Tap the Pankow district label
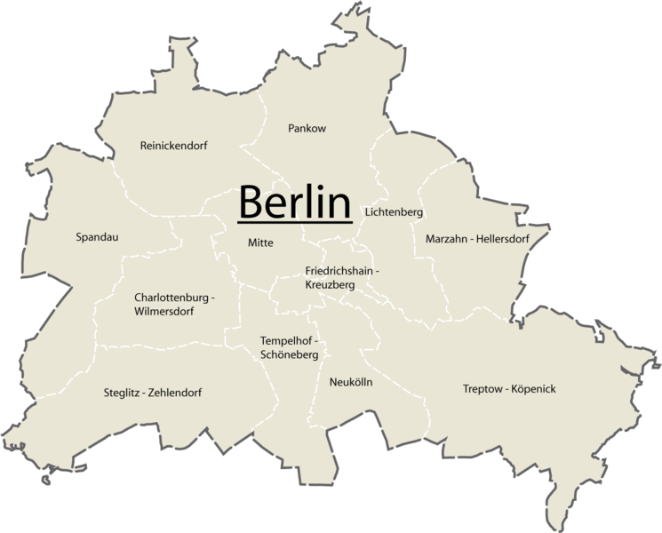pos(307,129)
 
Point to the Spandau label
pos(98,237)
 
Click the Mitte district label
pos(260,243)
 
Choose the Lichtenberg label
pos(394,213)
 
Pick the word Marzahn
pos(446,239)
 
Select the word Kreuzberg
pos(329,285)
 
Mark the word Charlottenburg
pos(171,297)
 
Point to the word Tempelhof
pos(285,340)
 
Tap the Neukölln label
pos(350,382)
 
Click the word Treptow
pos(483,389)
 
